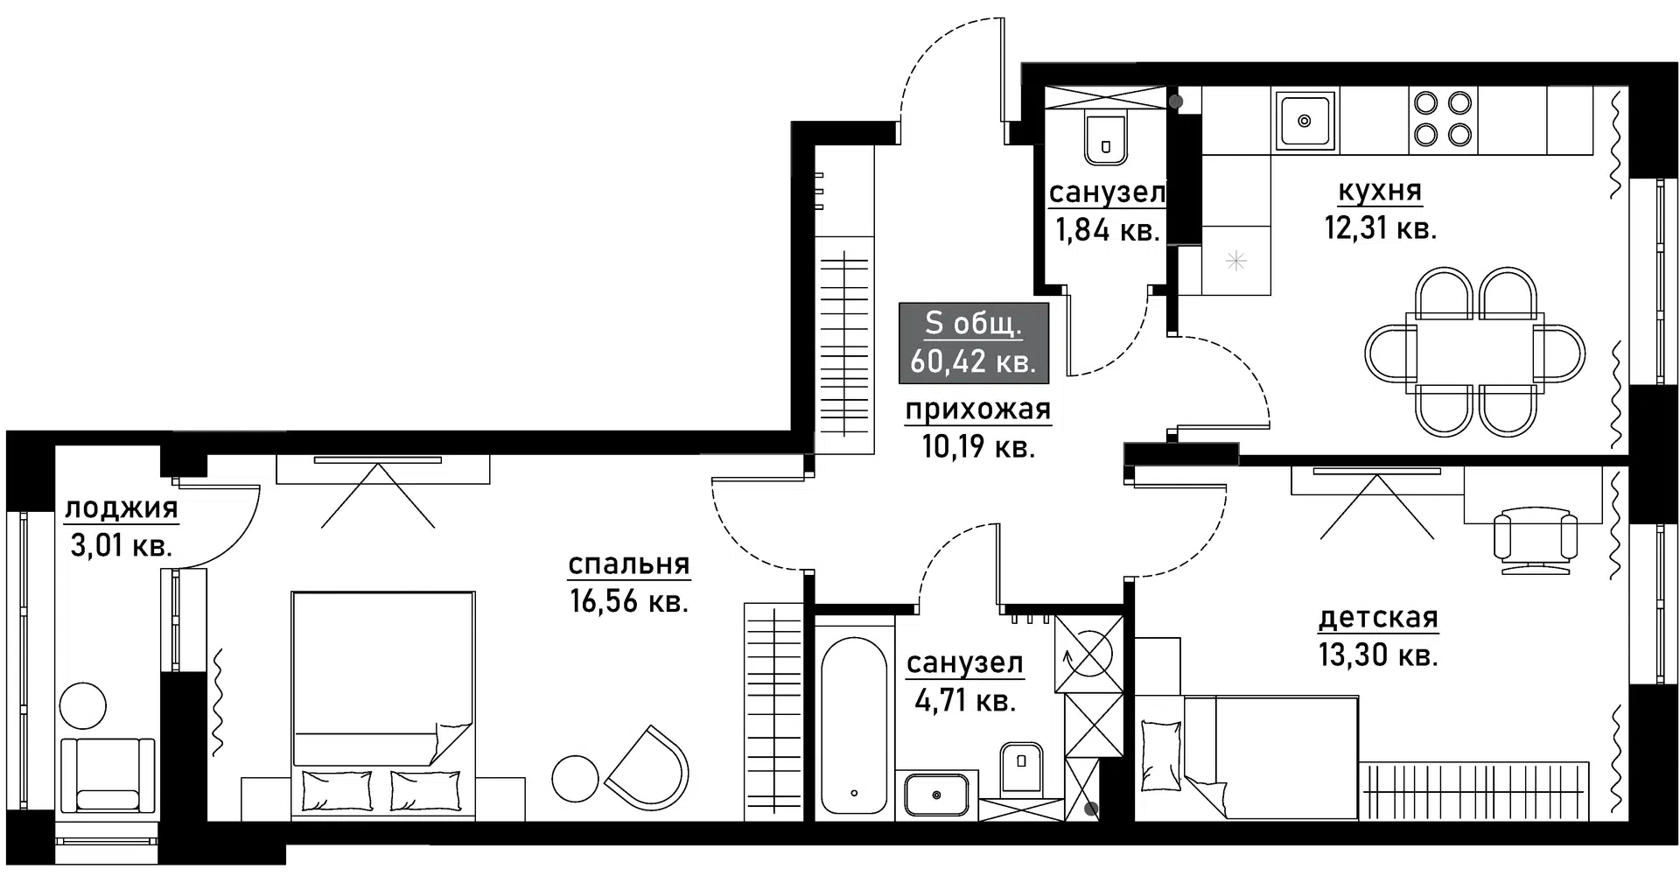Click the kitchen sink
(x=1304, y=121)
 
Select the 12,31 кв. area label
(x=1380, y=229)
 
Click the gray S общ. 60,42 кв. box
(x=973, y=343)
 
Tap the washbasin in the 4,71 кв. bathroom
(x=936, y=795)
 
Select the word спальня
(x=629, y=564)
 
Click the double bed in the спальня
(x=383, y=691)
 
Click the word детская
(x=1378, y=618)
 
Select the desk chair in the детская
(x=1535, y=540)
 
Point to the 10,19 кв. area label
(x=978, y=447)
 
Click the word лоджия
(x=122, y=508)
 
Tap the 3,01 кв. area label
(x=121, y=547)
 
